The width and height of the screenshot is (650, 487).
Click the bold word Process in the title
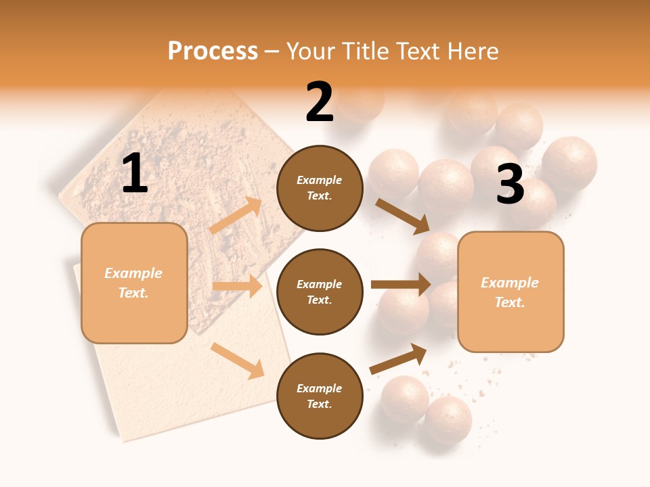point(213,51)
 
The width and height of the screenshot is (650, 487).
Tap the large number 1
point(135,174)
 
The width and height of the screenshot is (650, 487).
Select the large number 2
point(320,103)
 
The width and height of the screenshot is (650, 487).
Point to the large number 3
point(510,185)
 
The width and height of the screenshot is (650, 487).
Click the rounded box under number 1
point(134,283)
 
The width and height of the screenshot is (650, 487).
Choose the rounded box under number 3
point(511,292)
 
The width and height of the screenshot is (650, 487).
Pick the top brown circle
point(320,188)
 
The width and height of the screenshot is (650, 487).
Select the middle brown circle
point(320,292)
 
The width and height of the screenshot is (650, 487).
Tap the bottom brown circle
point(320,396)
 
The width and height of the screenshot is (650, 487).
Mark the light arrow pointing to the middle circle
point(237,286)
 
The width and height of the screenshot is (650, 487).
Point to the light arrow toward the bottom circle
point(238,361)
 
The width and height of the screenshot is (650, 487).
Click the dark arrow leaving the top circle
point(402,216)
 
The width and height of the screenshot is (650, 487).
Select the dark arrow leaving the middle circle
point(401,285)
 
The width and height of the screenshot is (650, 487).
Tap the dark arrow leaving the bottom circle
point(399,358)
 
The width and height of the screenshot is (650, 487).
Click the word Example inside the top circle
point(320,180)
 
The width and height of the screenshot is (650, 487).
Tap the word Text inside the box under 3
point(509,302)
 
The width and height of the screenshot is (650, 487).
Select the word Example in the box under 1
point(133,273)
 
